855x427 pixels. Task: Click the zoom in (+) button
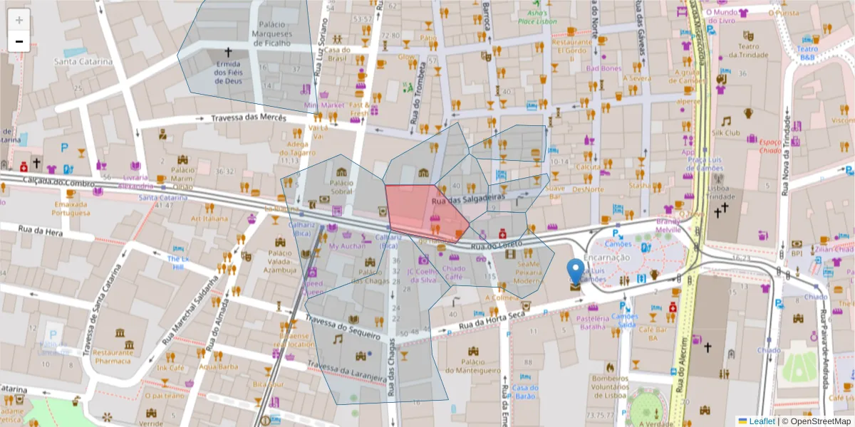[x=19, y=19]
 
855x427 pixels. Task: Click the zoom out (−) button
[x=19, y=41]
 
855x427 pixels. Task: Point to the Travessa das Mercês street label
[x=244, y=117]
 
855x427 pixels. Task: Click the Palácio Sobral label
[x=341, y=187]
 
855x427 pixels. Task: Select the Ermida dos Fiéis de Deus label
[x=229, y=72]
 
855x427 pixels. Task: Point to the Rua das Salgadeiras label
[x=468, y=199]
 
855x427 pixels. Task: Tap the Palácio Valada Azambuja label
[x=280, y=261]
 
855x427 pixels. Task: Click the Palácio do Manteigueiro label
[x=472, y=366]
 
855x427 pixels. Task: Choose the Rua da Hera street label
[x=37, y=230]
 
